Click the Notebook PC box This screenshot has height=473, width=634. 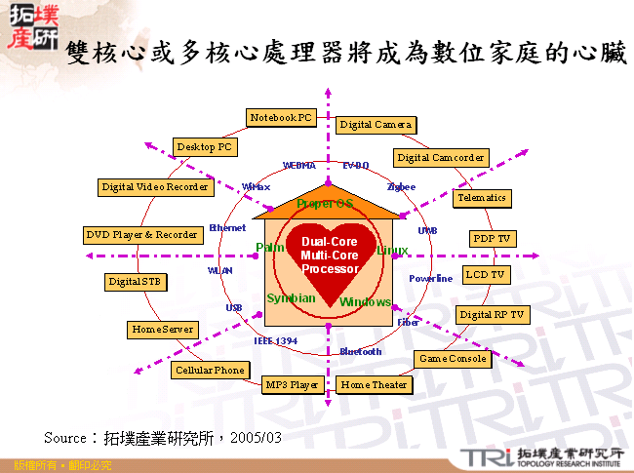pos(281,118)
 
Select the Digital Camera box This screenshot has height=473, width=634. pos(376,125)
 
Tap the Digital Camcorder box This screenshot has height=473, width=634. pos(441,157)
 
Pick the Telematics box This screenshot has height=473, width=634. pos(482,197)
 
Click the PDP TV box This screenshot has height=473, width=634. pos(493,239)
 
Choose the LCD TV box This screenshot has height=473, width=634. pos(486,275)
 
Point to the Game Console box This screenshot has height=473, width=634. pos(452,359)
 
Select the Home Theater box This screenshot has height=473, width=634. pos(374,384)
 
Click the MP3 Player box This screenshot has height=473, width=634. pos(293,384)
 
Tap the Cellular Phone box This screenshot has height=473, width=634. pos(209,371)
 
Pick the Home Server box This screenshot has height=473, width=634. pos(162,330)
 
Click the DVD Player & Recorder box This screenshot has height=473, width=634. pos(142,235)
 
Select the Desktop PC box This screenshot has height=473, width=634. pos(205,147)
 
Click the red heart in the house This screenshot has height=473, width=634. pos(330,258)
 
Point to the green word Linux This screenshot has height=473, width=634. pos(392,250)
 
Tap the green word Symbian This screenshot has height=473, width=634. pos(291,297)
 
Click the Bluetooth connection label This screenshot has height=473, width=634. pos(361,351)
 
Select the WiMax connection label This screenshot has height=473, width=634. pos(256,186)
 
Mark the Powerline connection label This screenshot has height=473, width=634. pos(430,279)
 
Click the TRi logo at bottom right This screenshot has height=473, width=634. pos(481,455)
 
